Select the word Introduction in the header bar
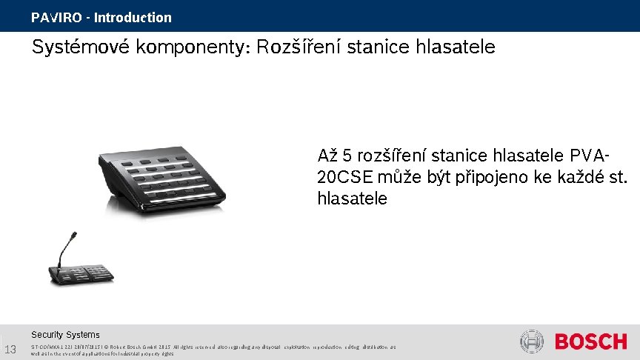133,17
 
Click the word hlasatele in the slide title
456,47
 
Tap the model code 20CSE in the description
345,179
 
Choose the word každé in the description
574,179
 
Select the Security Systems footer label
65,335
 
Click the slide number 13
10,350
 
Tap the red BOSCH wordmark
590,342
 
